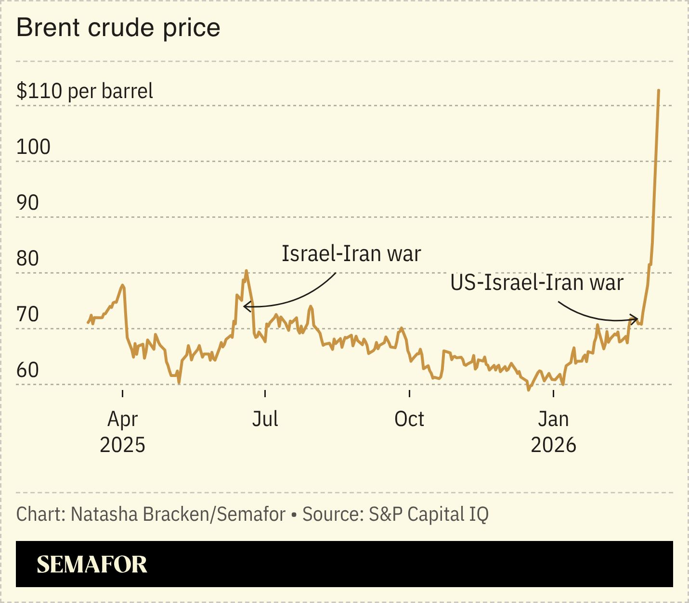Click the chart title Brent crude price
click(118, 28)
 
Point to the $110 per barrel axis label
click(85, 91)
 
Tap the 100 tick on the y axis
click(33, 147)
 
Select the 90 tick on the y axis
click(27, 202)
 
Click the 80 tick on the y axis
click(27, 258)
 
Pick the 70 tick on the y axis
click(27, 314)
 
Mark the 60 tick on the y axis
click(27, 370)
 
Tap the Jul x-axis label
click(265, 419)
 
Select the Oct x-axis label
click(409, 419)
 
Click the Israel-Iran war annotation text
click(351, 253)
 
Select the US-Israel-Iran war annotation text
click(537, 282)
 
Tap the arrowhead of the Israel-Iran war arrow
click(246, 306)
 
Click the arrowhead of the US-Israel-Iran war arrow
click(636, 318)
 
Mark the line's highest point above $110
click(658, 90)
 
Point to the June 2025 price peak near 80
click(246, 271)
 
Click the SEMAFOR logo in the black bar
click(91, 564)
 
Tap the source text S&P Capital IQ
click(429, 514)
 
